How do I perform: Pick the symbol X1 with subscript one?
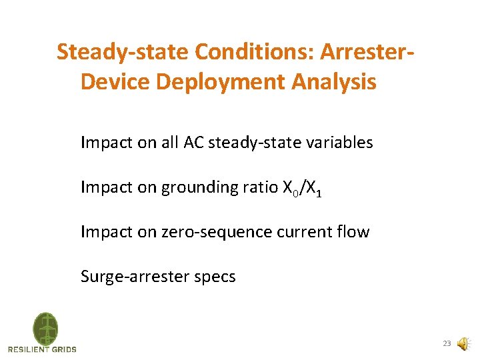coord(315,188)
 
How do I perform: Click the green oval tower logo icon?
coord(45,329)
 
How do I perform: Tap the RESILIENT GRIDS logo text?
coord(42,349)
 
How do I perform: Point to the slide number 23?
coord(447,344)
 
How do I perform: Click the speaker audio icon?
coord(463,344)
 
